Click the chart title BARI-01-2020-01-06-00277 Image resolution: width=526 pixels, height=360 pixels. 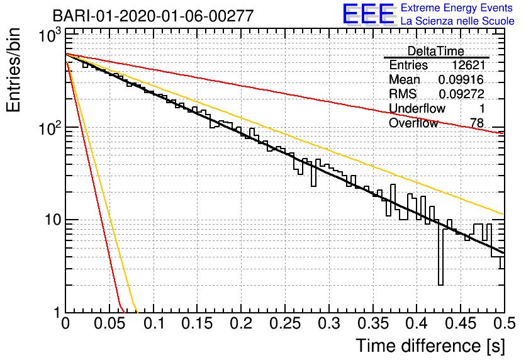click(x=153, y=16)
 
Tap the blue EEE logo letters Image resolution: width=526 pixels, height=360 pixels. click(x=368, y=14)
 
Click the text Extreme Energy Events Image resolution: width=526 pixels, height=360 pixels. click(x=457, y=8)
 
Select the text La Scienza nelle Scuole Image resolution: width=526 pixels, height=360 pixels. click(x=457, y=21)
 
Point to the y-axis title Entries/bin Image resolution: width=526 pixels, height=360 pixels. click(x=13, y=70)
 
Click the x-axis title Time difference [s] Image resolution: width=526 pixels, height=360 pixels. click(x=430, y=346)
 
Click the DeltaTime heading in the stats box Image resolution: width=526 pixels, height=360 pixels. click(x=435, y=51)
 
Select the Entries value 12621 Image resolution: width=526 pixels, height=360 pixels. click(x=468, y=65)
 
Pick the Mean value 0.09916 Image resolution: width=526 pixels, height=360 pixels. click(x=461, y=79)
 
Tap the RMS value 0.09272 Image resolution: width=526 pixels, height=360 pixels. click(x=462, y=94)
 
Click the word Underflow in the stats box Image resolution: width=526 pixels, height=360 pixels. click(x=417, y=108)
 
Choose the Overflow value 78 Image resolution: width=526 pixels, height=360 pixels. click(x=477, y=123)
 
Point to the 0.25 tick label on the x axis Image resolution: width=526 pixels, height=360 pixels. click(x=285, y=323)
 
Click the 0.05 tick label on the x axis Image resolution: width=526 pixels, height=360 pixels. click(x=109, y=323)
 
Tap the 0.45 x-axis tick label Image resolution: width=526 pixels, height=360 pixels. click(x=461, y=323)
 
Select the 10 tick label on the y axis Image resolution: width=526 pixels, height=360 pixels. click(x=52, y=220)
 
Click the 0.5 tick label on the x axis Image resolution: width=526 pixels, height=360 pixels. click(x=505, y=323)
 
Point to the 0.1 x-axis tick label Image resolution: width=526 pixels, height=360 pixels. click(x=154, y=323)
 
